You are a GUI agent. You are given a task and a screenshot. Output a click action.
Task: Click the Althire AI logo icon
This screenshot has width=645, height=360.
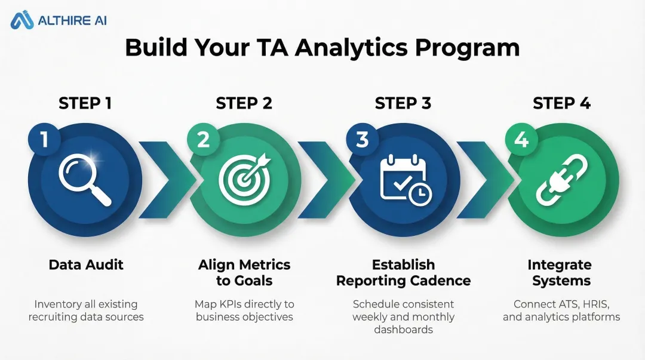[22, 20]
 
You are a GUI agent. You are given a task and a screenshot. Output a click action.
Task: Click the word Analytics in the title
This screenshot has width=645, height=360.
[359, 48]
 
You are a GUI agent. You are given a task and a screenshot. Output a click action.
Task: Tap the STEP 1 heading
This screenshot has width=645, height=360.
[85, 103]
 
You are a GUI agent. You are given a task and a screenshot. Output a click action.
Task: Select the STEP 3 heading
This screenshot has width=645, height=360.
[403, 103]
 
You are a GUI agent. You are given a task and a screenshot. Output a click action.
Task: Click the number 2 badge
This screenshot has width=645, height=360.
[203, 140]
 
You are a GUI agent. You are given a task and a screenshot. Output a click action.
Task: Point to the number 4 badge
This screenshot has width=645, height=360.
[521, 140]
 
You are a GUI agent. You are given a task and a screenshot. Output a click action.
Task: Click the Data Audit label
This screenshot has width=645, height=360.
[86, 264]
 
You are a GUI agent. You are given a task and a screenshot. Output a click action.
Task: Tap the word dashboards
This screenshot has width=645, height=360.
[403, 329]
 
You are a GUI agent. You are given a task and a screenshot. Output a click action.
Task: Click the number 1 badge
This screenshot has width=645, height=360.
[44, 140]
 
